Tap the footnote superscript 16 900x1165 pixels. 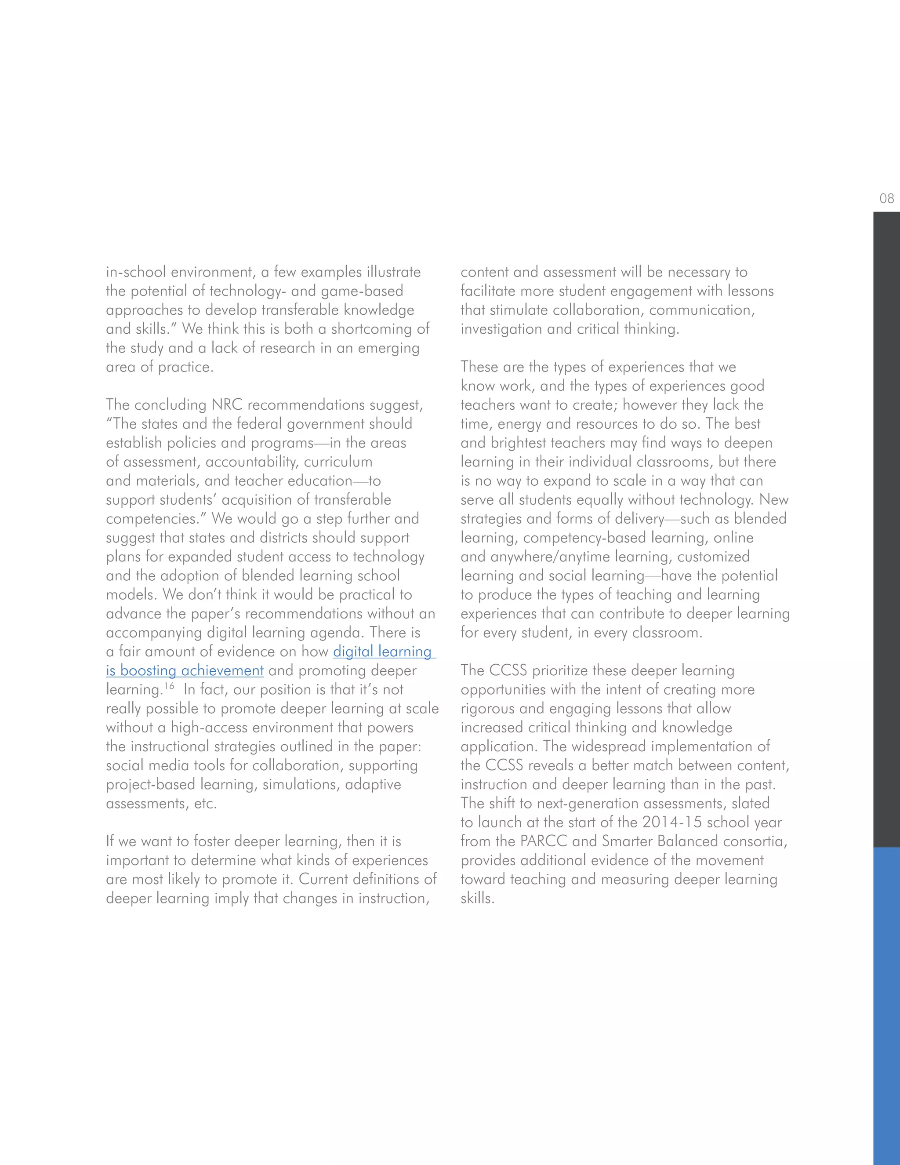click(169, 686)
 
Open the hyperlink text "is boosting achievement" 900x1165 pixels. click(185, 670)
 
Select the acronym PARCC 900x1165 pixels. click(541, 841)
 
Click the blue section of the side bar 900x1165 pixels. click(886, 1003)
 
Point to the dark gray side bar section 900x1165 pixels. click(886, 528)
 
